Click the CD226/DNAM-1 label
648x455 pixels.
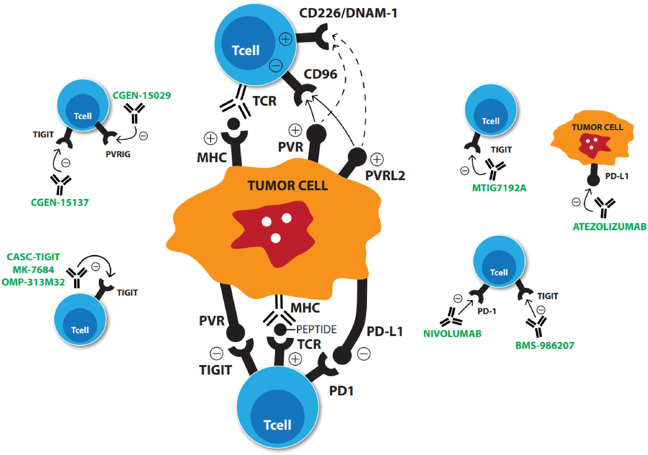(x=348, y=13)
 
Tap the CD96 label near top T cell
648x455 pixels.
(x=320, y=74)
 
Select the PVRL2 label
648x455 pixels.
(x=385, y=175)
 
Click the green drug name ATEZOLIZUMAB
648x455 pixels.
(x=609, y=227)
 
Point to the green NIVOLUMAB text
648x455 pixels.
(x=452, y=334)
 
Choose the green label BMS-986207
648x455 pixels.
(x=545, y=345)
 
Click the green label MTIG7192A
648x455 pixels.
(x=499, y=188)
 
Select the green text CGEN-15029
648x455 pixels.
(x=142, y=96)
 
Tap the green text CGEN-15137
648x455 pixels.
(x=60, y=203)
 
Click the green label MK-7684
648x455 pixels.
(x=33, y=270)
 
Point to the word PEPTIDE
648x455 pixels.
(x=316, y=330)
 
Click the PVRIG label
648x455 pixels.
(x=118, y=155)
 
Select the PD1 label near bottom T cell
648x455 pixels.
(x=341, y=391)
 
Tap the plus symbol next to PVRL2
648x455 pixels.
(x=377, y=160)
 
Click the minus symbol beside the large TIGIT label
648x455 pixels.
(x=216, y=353)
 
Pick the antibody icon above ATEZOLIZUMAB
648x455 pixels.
(x=604, y=206)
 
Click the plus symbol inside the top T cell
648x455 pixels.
(x=286, y=39)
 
